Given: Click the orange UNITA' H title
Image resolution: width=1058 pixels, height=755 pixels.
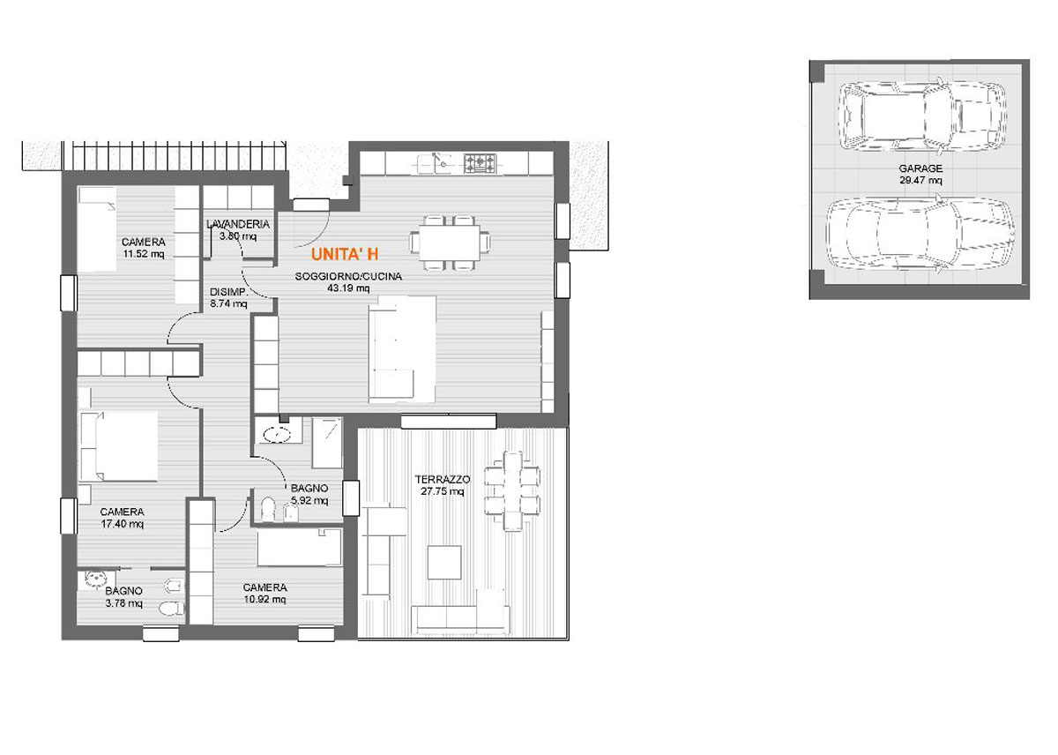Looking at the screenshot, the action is (x=345, y=255).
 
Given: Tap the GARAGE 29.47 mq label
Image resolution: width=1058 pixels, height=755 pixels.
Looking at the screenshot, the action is (x=920, y=174).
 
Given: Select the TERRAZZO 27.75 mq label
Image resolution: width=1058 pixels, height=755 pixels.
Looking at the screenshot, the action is (x=443, y=485).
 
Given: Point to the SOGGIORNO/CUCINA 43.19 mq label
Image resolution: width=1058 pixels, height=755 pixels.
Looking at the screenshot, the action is (x=348, y=282).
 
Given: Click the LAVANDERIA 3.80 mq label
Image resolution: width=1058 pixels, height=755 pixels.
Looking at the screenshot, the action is (x=238, y=229).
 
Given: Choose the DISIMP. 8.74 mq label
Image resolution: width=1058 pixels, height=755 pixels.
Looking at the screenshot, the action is (x=228, y=297).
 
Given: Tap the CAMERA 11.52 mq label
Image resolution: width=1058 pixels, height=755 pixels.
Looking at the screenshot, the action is (x=144, y=248).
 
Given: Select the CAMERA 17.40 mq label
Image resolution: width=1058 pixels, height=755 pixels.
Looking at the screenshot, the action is (x=123, y=518).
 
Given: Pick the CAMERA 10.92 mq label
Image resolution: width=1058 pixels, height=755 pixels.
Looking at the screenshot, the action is (x=265, y=593).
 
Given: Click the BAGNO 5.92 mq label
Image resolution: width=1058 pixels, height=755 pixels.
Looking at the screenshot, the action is (x=309, y=494).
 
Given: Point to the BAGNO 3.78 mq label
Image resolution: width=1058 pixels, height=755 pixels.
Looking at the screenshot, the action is (x=123, y=597).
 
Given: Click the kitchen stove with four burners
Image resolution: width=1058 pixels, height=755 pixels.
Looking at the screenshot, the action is (x=481, y=163).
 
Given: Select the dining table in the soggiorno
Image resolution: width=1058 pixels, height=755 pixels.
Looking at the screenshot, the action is (x=449, y=243).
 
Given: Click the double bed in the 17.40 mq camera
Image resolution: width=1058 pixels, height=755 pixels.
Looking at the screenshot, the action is (x=118, y=446).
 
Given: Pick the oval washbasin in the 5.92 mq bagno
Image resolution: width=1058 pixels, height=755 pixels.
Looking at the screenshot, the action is (x=277, y=434).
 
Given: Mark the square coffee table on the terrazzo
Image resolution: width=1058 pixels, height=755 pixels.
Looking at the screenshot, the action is (x=444, y=562).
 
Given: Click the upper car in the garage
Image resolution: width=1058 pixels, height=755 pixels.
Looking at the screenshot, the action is (x=921, y=116).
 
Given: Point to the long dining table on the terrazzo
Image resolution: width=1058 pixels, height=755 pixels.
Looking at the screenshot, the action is (x=512, y=491).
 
